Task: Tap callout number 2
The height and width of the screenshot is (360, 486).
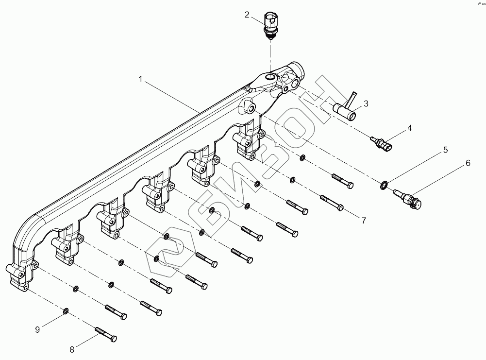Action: (247, 15)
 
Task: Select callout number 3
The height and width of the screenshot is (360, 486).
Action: (366, 103)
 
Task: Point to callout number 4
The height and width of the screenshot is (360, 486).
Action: (410, 128)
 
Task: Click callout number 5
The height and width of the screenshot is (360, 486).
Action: (445, 150)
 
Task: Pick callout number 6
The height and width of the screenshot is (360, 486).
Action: (468, 163)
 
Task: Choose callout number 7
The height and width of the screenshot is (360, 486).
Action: (363, 220)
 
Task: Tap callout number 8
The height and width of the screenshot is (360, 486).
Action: (72, 348)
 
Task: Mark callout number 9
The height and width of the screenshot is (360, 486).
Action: (36, 329)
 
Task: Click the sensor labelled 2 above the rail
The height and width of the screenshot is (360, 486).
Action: (270, 23)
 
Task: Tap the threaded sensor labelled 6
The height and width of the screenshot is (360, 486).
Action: (407, 197)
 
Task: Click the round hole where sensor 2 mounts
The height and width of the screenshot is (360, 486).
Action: (269, 76)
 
